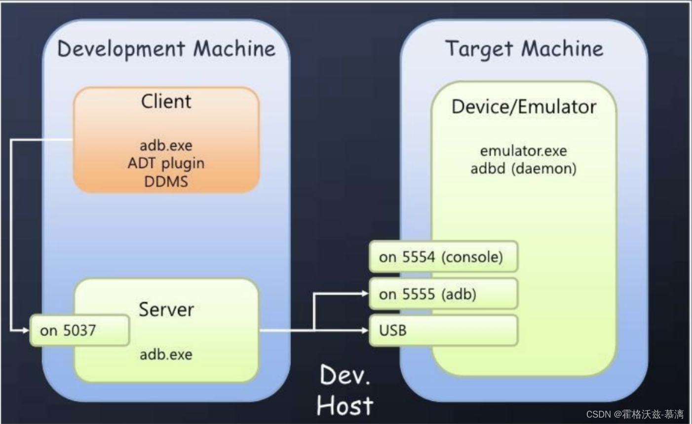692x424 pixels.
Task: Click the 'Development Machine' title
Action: [x=166, y=49]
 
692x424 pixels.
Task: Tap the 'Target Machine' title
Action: [x=524, y=49]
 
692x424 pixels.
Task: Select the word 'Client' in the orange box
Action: [x=166, y=101]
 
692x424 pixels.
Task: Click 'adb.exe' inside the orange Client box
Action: [x=166, y=145]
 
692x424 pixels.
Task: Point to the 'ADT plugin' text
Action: [x=166, y=163]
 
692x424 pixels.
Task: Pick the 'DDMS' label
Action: [x=166, y=181]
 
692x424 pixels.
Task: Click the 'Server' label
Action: [x=166, y=310]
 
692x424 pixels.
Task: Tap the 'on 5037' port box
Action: [x=79, y=330]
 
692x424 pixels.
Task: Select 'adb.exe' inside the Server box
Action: [x=166, y=354]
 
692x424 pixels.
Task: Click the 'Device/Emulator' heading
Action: [x=524, y=106]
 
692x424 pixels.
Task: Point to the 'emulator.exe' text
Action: [x=523, y=150]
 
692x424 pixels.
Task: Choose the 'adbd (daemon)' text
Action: [x=523, y=169]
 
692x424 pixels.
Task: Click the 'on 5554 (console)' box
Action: [x=443, y=257]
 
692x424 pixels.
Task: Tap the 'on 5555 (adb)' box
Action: [x=443, y=294]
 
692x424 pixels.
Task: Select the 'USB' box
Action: [x=443, y=330]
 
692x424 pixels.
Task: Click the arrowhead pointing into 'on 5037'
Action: [x=26, y=330]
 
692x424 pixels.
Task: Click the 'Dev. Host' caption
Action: [x=345, y=390]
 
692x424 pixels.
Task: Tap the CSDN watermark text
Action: [x=635, y=414]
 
